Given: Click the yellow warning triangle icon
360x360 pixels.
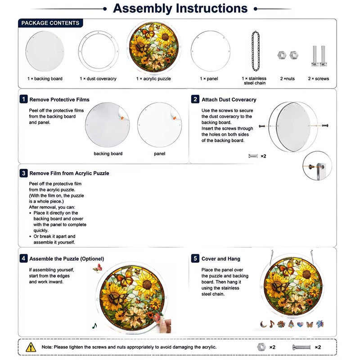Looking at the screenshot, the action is coord(31,347).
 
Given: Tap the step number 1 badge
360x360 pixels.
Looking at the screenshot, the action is coord(24,99).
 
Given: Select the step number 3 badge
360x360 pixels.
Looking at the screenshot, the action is coord(24,173).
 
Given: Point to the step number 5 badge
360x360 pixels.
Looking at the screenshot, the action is coord(195,258).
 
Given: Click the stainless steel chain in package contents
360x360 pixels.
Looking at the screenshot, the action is coord(256,51).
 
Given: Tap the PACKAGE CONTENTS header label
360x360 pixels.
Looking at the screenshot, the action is coord(50,23).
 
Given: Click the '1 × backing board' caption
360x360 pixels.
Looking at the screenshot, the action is coord(45,78).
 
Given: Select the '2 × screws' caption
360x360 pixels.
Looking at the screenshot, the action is coord(319,78).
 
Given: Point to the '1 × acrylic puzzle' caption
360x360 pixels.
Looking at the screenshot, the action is coord(153,78).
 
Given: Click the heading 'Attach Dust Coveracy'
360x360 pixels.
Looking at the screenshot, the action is coord(229,99).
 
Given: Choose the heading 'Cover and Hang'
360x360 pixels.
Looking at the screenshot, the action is coord(221,259).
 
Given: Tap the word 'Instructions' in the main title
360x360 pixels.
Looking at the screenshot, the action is coord(211,8).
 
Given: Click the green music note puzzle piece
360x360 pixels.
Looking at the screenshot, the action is coord(94,326).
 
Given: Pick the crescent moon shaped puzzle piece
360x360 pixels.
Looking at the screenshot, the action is coord(263,324).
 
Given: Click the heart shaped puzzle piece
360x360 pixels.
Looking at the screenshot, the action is coord(300,324).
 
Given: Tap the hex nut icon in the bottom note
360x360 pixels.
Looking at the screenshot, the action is coord(261,347).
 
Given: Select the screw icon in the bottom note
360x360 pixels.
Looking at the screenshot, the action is coord(301,347).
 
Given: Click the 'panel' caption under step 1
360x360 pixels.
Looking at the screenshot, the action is coord(160,153).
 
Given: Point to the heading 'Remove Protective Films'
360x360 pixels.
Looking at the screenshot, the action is coord(59,99).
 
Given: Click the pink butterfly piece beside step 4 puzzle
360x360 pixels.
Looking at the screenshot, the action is coord(98,268).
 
